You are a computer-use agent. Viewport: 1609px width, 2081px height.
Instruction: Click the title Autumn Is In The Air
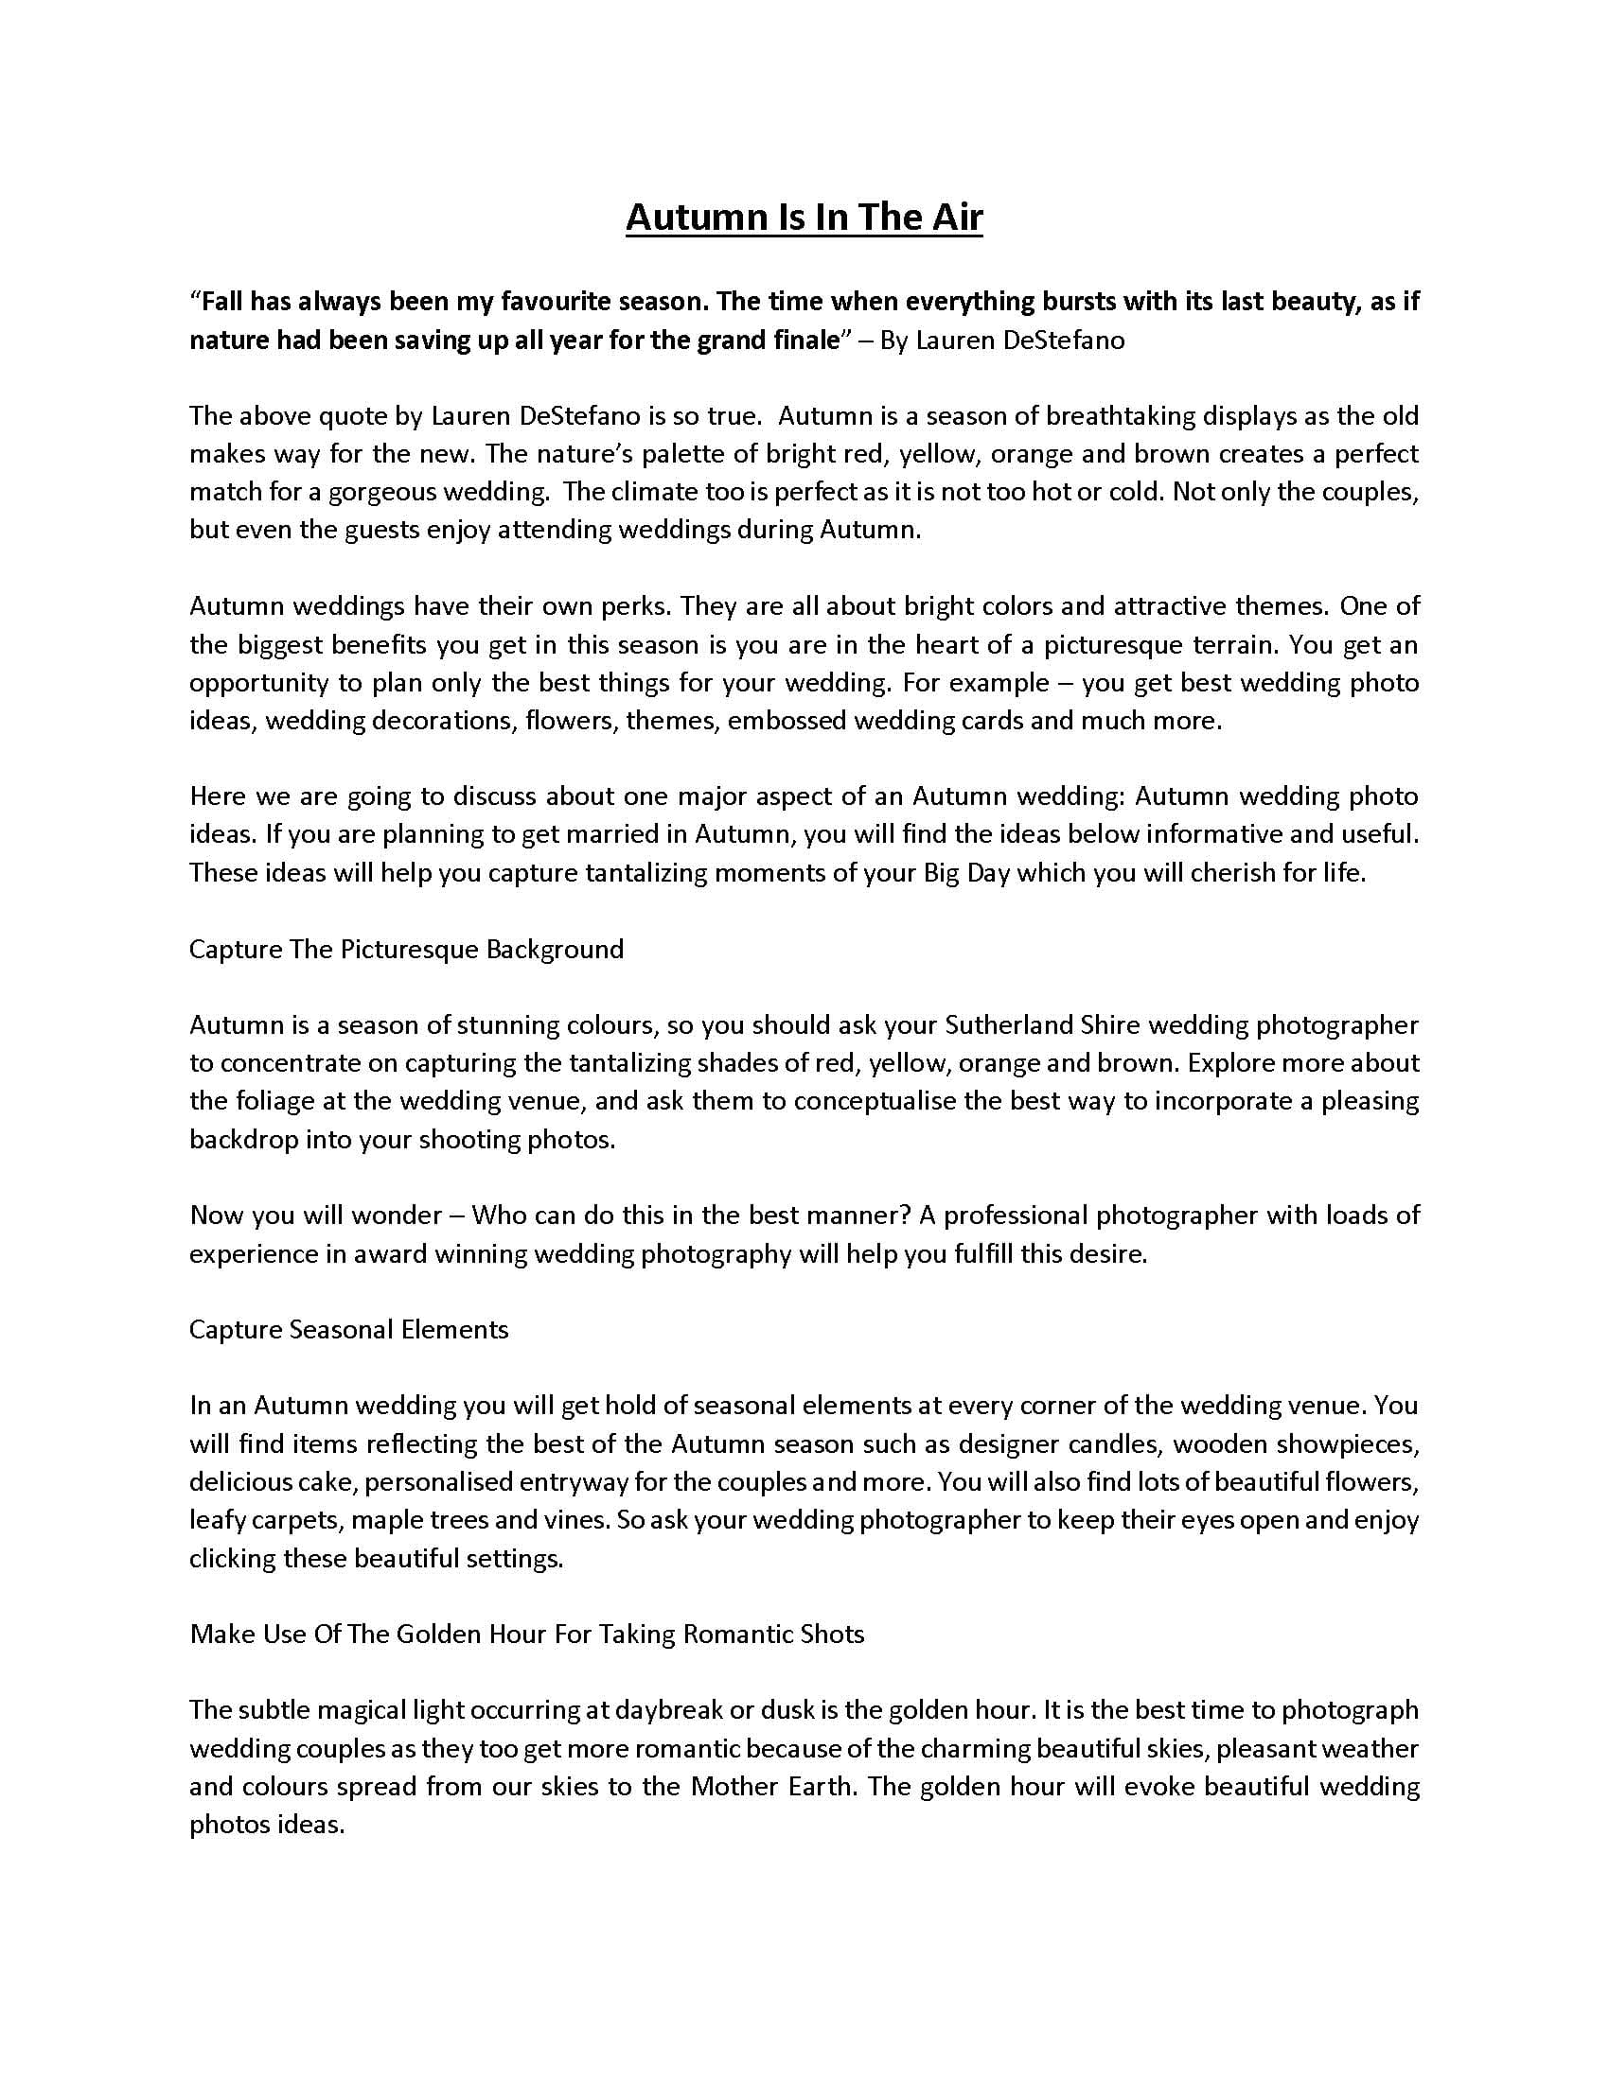pos(804,219)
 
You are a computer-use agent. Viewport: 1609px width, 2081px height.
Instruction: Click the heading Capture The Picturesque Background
pos(406,949)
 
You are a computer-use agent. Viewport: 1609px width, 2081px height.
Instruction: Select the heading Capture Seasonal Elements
pos(349,1329)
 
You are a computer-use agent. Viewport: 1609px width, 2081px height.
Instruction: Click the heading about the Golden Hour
pos(527,1635)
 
